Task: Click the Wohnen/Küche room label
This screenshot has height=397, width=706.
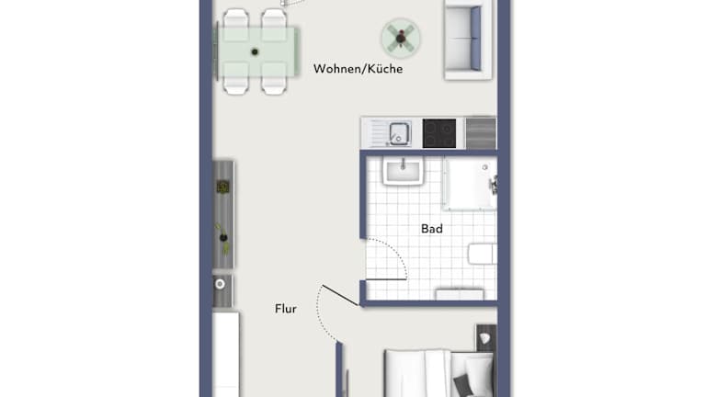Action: point(358,69)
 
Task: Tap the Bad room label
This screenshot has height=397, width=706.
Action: point(432,229)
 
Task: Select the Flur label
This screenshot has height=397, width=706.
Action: point(286,309)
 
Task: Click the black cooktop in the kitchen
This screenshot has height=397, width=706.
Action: point(439,133)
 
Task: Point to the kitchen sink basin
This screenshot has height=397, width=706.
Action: point(399,133)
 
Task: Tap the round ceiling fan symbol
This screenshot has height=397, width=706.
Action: point(401,39)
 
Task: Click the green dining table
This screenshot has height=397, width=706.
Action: point(256,51)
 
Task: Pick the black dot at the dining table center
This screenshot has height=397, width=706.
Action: point(255,52)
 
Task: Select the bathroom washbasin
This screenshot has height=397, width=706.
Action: point(403,171)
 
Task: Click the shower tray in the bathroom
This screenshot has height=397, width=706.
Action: point(470,184)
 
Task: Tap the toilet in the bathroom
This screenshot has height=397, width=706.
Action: point(483,255)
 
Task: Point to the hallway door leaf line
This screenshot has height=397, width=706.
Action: point(340,295)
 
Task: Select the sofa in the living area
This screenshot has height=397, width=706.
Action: point(468,40)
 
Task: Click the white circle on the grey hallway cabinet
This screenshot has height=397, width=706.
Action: point(220,284)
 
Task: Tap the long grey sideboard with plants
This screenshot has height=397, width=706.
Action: point(223,215)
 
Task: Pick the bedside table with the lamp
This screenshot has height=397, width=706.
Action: point(486,337)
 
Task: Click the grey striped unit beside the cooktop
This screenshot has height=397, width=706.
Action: point(481,133)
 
